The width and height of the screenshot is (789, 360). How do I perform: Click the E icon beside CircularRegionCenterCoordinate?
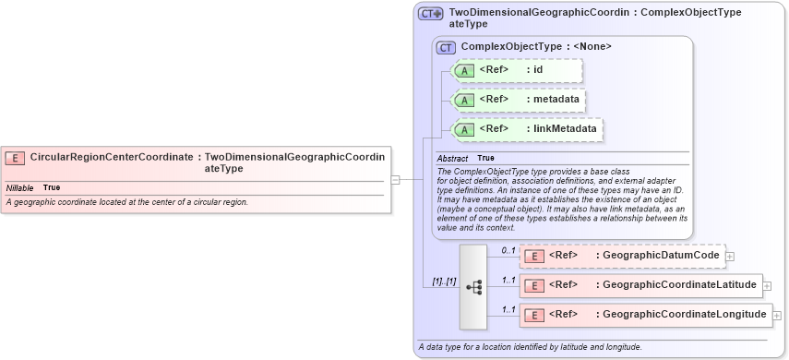tap(15, 158)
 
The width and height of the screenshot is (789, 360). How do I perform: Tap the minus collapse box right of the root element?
tap(395, 180)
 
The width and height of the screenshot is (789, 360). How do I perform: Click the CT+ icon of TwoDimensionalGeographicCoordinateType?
tap(431, 14)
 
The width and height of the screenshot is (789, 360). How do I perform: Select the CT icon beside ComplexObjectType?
tap(447, 47)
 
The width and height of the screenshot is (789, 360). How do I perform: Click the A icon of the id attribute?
tap(466, 70)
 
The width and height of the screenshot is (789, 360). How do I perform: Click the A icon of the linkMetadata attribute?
tap(466, 129)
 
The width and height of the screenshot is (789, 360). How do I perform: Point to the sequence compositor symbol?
tap(473, 287)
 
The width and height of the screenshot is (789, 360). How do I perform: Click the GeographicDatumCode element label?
tap(657, 256)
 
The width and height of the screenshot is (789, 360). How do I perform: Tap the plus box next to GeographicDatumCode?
tap(730, 256)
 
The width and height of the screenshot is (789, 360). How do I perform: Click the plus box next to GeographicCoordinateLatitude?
tap(767, 286)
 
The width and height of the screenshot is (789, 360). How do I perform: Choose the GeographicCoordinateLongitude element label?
tap(681, 316)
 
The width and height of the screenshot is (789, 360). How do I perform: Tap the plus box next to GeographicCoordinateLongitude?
tap(776, 316)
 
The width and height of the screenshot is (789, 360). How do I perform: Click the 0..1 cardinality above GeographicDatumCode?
tap(508, 249)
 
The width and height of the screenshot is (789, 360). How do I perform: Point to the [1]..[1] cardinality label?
tap(444, 281)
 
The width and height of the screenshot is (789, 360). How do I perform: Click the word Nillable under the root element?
tap(19, 187)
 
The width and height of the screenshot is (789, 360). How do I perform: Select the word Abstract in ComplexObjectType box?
tap(452, 159)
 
